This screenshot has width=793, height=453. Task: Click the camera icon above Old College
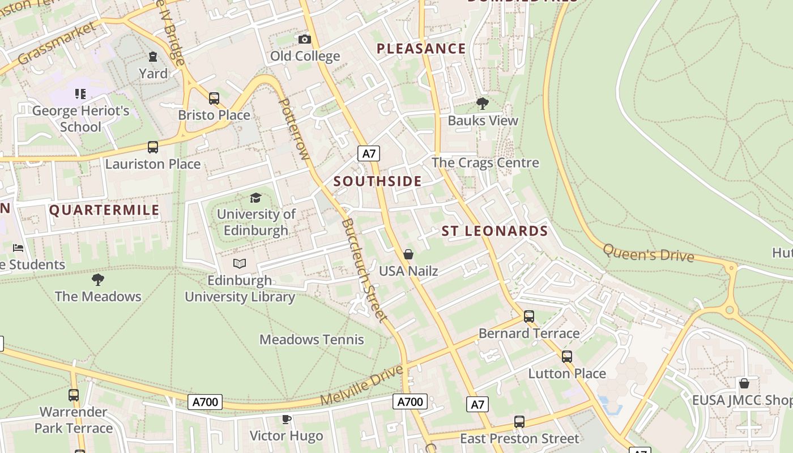pyautogui.click(x=305, y=39)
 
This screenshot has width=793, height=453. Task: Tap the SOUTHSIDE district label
pyautogui.click(x=377, y=181)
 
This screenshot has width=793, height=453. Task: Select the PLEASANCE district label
pyautogui.click(x=421, y=49)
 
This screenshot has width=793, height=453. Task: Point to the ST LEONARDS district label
pyautogui.click(x=494, y=231)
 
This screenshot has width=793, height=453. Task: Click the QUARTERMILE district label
pyautogui.click(x=104, y=210)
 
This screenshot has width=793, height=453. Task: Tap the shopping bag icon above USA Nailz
pyautogui.click(x=408, y=255)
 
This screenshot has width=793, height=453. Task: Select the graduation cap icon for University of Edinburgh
pyautogui.click(x=255, y=198)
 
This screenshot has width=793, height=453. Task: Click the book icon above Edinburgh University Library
pyautogui.click(x=240, y=263)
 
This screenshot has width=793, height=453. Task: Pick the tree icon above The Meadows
pyautogui.click(x=98, y=279)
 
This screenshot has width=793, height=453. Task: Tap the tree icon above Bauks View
pyautogui.click(x=483, y=103)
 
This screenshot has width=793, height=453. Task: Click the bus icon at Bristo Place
pyautogui.click(x=214, y=98)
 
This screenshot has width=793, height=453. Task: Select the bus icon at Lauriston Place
pyautogui.click(x=153, y=147)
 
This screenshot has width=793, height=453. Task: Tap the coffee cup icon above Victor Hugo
pyautogui.click(x=287, y=419)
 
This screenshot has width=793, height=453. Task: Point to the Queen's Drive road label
pyautogui.click(x=648, y=253)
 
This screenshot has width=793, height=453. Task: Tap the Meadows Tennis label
pyautogui.click(x=312, y=340)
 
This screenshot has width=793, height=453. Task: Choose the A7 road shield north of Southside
pyautogui.click(x=369, y=153)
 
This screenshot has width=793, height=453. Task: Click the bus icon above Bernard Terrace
pyautogui.click(x=529, y=317)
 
